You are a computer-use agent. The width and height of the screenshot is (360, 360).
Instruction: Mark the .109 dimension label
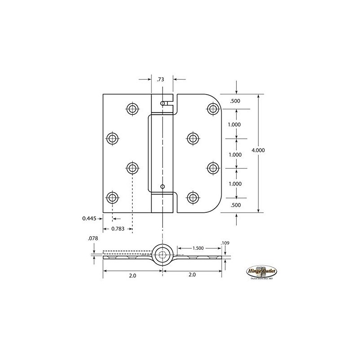click(225, 243)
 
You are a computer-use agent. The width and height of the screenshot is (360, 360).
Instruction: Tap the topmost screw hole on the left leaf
click(132, 108)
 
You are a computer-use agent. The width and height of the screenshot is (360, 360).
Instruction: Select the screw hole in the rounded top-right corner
click(213, 108)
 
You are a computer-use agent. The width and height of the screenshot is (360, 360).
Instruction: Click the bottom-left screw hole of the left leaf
click(112, 197)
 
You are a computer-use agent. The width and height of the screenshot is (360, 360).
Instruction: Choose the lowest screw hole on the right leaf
click(193, 197)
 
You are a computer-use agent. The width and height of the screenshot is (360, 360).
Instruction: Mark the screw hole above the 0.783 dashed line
click(132, 168)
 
